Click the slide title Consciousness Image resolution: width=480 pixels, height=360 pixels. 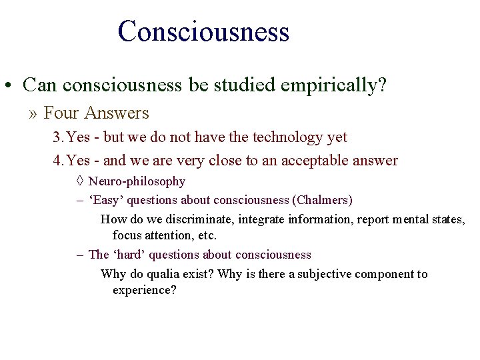pyautogui.click(x=203, y=31)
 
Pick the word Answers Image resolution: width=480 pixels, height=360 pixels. pyautogui.click(x=117, y=113)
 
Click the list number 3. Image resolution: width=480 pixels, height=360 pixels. pyautogui.click(x=57, y=137)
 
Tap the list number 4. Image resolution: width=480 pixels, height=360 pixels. pyautogui.click(x=57, y=161)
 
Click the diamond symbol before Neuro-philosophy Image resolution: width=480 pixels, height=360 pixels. pyautogui.click(x=79, y=181)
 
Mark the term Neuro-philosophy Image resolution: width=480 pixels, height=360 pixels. pyautogui.click(x=137, y=181)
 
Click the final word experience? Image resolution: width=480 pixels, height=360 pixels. pyautogui.click(x=144, y=291)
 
